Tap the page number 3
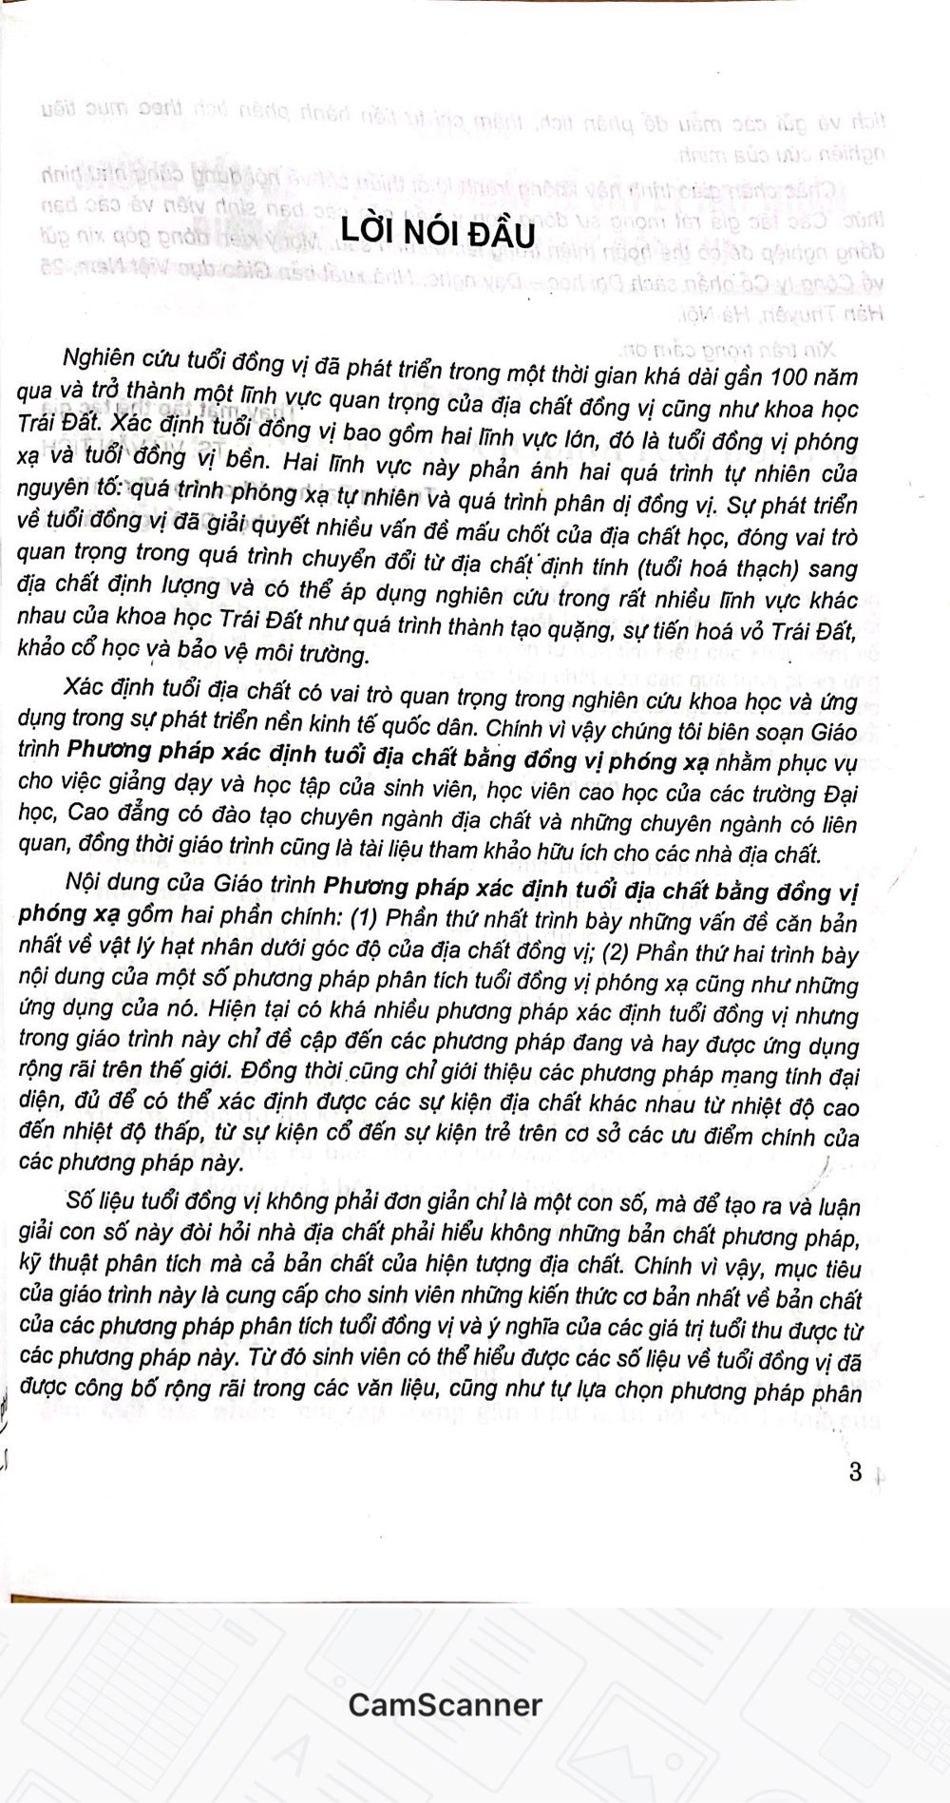point(855,1472)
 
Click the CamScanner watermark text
point(445,1704)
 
